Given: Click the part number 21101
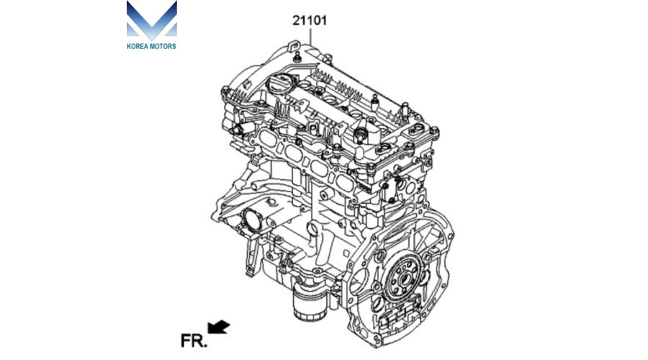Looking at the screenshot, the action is (310, 20).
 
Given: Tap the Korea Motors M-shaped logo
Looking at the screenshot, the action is (152, 20).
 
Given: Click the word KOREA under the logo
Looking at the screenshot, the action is (138, 46).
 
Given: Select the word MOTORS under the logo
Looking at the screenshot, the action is (163, 46).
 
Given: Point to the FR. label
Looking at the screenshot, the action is (194, 341).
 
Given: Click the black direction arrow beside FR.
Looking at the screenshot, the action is (219, 327).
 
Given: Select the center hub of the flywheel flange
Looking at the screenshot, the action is (405, 279).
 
